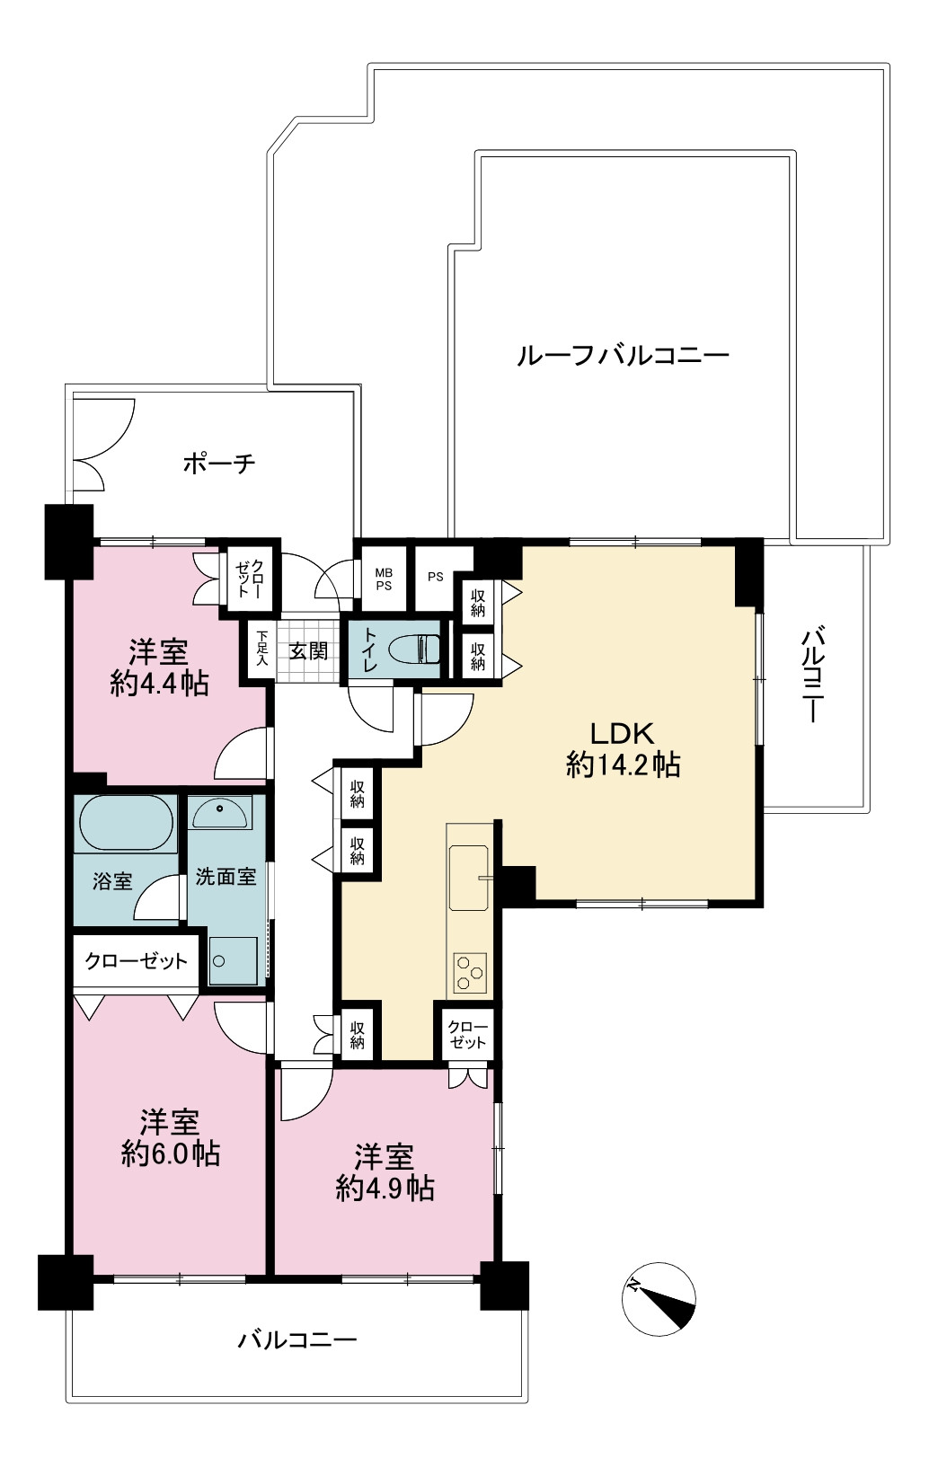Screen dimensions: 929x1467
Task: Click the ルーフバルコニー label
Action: pos(623,356)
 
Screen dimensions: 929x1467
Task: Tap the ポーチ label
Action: pos(219,464)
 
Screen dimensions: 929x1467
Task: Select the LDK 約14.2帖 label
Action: pos(623,749)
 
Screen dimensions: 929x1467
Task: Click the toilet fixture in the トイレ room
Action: pos(414,650)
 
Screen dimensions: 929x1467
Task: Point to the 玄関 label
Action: pos(308,651)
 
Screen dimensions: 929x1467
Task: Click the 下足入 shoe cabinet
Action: pos(262,649)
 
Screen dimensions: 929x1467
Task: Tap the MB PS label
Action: pos(384,579)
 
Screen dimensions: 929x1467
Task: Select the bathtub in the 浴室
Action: pos(126,824)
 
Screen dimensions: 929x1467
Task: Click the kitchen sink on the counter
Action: pos(468,878)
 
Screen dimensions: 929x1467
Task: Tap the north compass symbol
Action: pos(659,1299)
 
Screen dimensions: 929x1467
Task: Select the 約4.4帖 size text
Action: pos(159,685)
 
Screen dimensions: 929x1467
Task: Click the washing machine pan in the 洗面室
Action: pos(233,960)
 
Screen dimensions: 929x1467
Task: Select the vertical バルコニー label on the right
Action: pos(812,675)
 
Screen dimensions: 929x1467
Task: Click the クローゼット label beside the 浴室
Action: pos(137,960)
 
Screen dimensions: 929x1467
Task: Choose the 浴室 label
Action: pos(112,881)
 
